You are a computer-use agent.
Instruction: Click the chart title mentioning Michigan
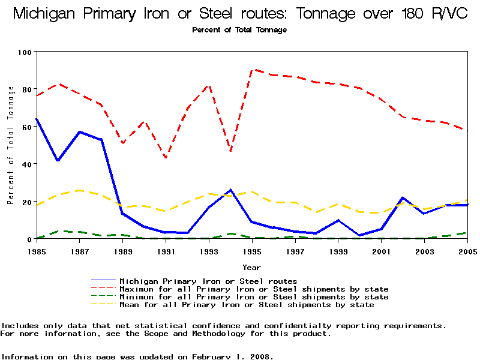click(x=240, y=14)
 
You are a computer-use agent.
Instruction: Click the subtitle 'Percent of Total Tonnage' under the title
click(x=239, y=30)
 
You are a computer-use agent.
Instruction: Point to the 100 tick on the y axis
click(x=25, y=52)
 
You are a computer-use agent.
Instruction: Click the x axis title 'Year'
click(x=251, y=267)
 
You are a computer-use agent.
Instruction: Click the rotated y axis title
click(x=10, y=145)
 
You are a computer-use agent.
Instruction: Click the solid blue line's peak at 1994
click(x=231, y=190)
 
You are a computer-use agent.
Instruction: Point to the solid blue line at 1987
click(x=80, y=132)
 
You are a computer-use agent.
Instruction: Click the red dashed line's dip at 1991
click(x=166, y=158)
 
